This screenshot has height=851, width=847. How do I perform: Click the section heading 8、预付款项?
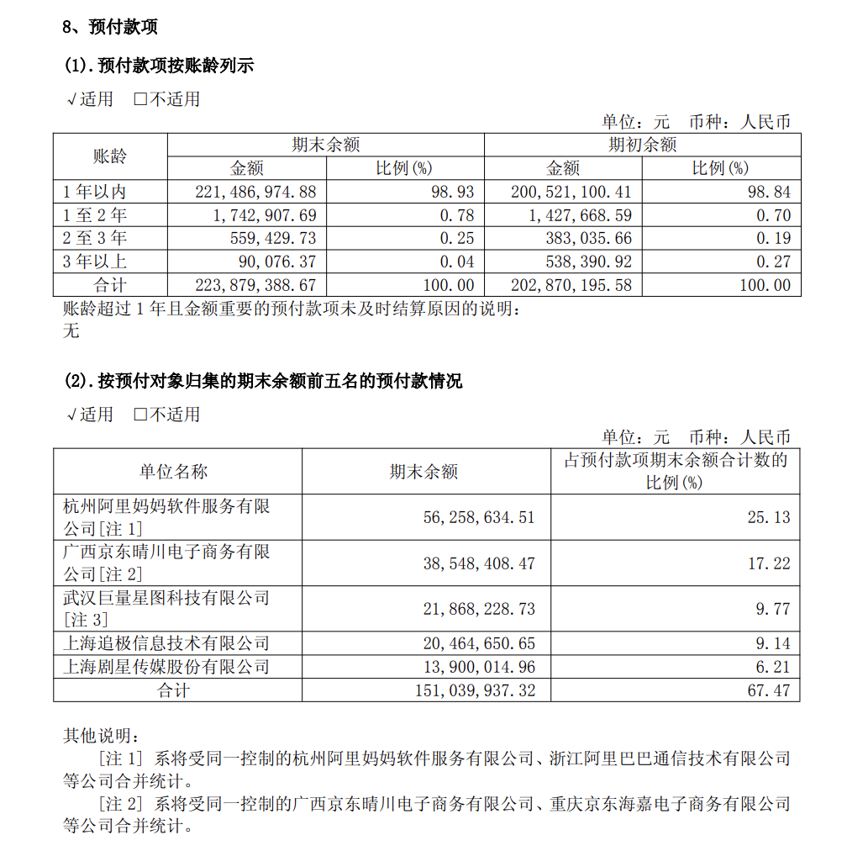click(x=110, y=27)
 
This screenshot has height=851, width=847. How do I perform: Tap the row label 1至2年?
click(x=95, y=215)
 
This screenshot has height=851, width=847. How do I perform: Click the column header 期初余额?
click(x=642, y=145)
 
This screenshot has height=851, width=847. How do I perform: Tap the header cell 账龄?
click(x=109, y=156)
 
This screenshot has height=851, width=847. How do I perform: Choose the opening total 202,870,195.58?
click(x=571, y=285)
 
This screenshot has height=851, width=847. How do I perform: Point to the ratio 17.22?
click(x=769, y=563)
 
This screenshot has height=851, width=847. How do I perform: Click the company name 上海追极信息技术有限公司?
click(x=166, y=644)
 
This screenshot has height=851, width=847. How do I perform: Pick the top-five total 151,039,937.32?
click(x=475, y=690)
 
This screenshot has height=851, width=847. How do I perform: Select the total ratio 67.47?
click(x=769, y=690)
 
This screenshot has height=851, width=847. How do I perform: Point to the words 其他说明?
click(x=96, y=736)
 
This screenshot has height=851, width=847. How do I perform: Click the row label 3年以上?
click(x=95, y=262)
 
